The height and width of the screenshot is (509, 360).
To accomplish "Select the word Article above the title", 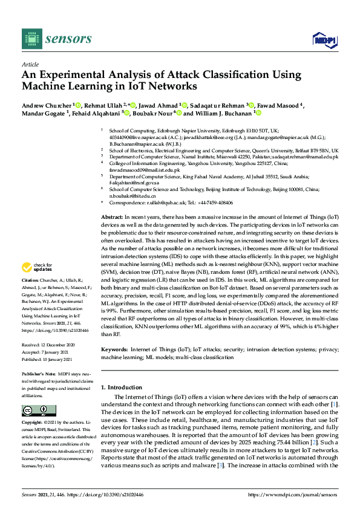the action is click(x=30, y=63).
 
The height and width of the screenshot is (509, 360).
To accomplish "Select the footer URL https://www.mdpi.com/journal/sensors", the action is click(x=293, y=494).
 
